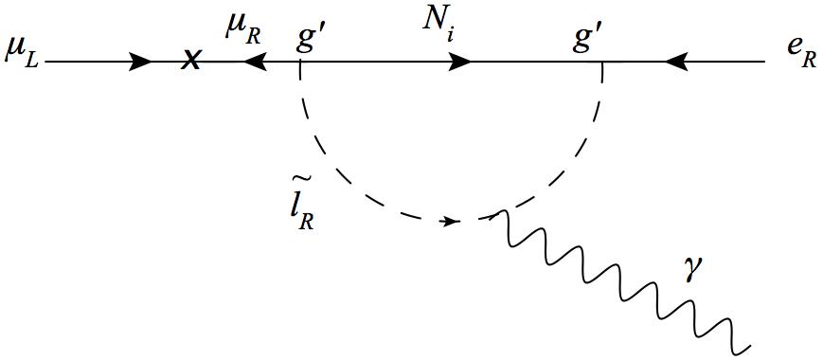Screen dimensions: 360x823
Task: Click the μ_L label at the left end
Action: point(21,47)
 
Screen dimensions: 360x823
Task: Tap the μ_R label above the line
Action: point(242,28)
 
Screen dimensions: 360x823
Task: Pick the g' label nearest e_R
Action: point(588,39)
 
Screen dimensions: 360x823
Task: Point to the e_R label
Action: point(800,47)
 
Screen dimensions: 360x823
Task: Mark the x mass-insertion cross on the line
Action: point(191,62)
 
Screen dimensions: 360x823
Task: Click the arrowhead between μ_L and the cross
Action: point(139,63)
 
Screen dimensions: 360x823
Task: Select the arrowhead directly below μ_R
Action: point(253,63)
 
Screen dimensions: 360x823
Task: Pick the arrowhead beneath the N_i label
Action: point(460,63)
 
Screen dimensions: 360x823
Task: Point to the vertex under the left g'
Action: point(300,63)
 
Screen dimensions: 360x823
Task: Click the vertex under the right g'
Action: point(602,63)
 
